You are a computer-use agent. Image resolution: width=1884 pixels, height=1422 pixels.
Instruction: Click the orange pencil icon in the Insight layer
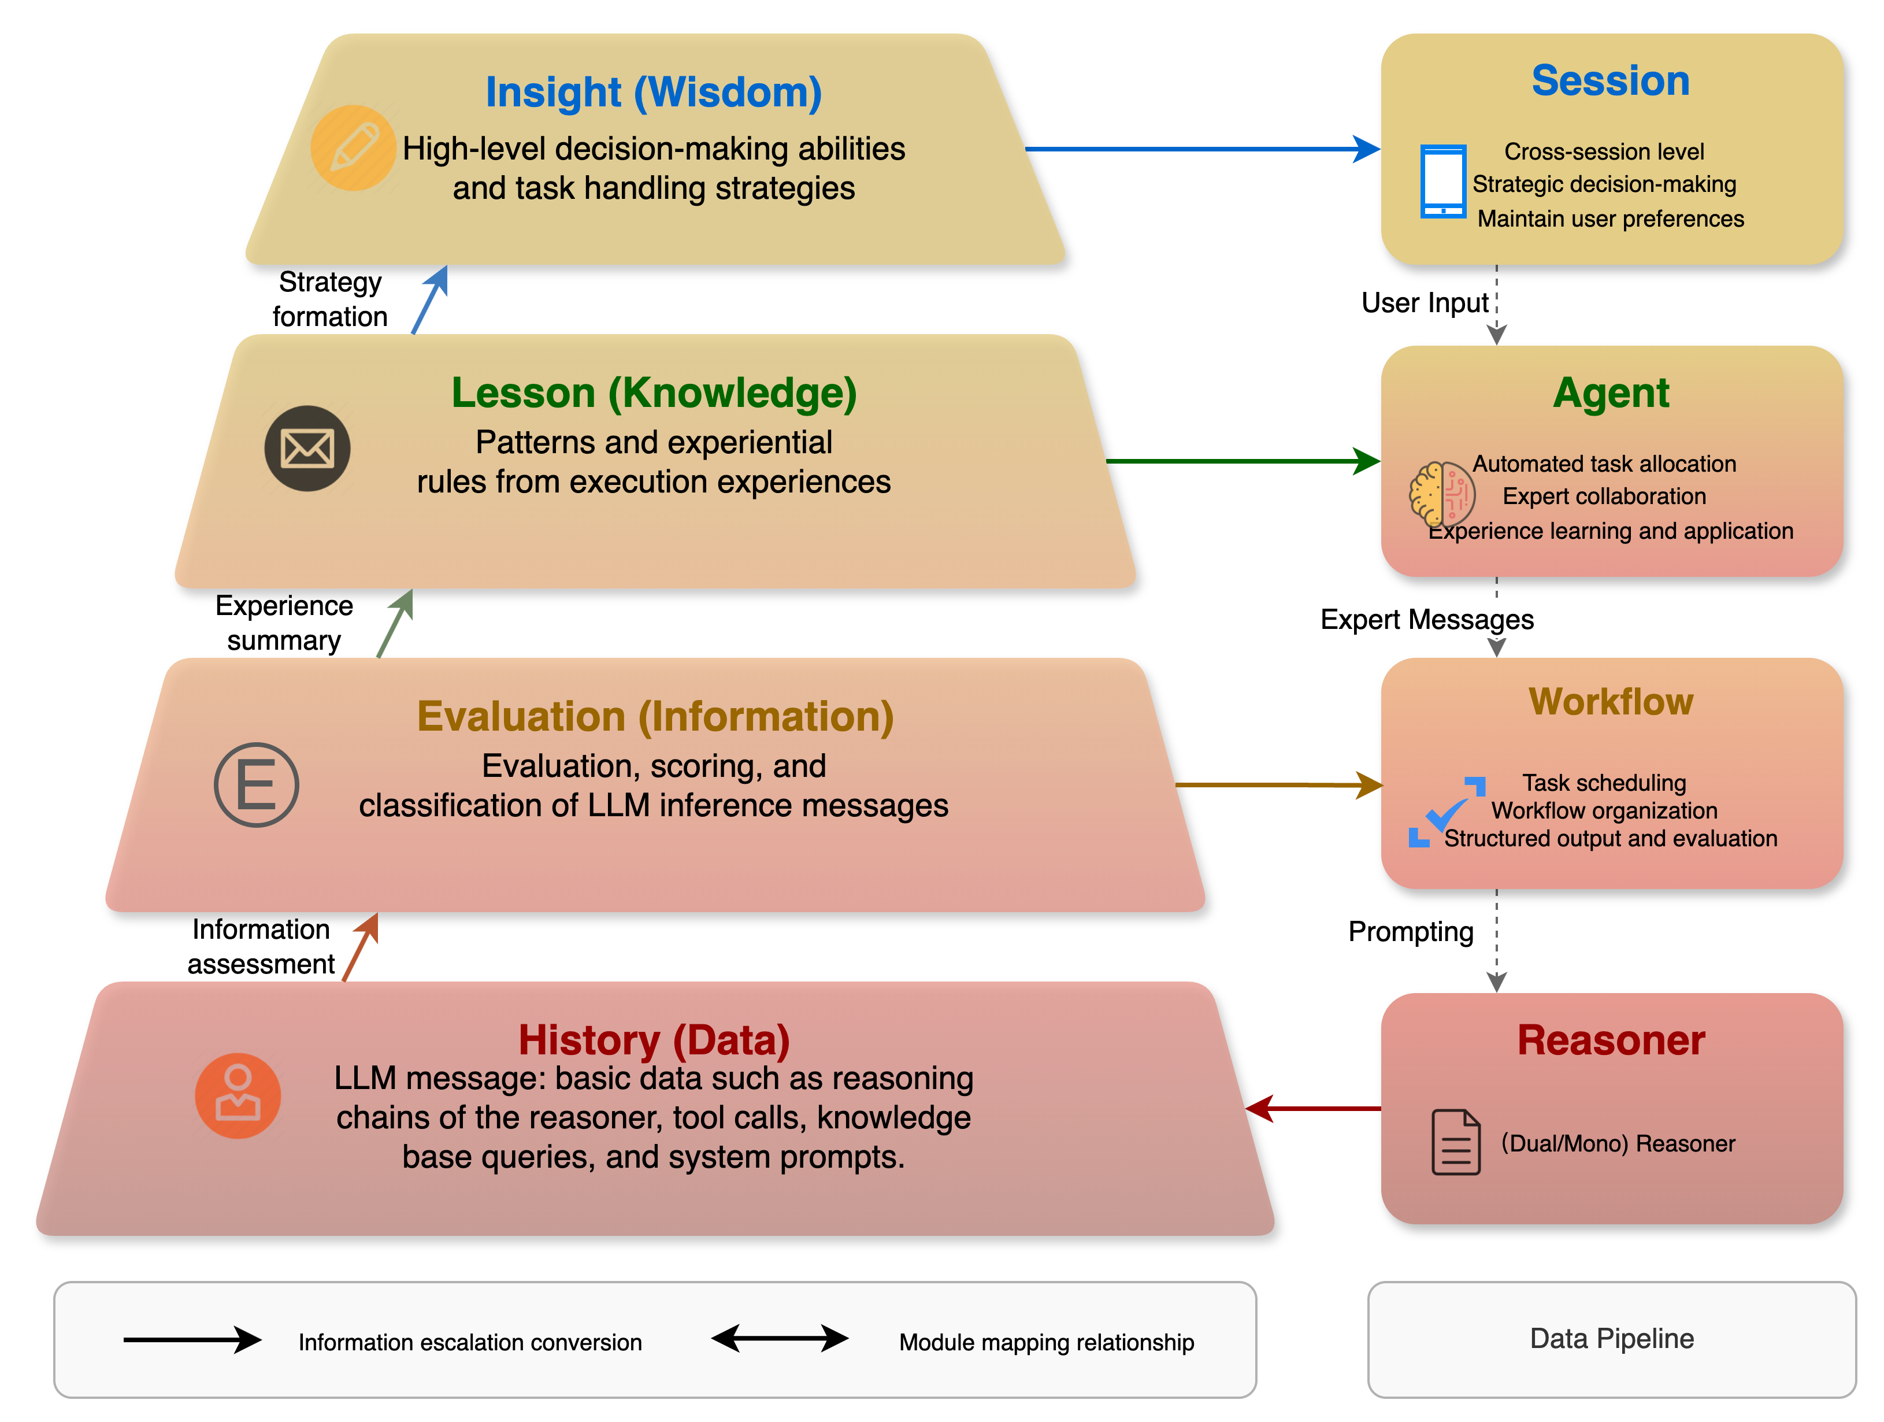(x=353, y=147)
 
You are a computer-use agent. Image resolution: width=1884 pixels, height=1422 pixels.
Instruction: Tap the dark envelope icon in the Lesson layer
(x=307, y=448)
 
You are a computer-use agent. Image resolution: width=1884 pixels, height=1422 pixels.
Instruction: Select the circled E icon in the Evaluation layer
(x=257, y=784)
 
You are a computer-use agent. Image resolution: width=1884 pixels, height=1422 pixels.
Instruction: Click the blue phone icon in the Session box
(x=1444, y=182)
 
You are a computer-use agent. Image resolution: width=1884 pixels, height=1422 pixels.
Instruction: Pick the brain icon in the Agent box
(x=1441, y=494)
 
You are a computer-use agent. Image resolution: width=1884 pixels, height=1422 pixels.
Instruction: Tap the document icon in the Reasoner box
(x=1456, y=1143)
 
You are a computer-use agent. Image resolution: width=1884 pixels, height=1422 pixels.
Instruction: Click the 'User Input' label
(x=1425, y=303)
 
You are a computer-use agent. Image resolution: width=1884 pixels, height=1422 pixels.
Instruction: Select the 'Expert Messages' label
(x=1427, y=620)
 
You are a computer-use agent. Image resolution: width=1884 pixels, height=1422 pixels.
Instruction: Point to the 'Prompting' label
(x=1411, y=931)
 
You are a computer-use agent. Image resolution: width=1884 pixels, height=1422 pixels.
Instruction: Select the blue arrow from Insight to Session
(x=1201, y=149)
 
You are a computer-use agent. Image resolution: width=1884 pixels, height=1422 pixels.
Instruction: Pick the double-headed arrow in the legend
(x=780, y=1339)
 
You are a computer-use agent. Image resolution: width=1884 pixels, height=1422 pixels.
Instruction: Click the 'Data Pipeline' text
(x=1611, y=1339)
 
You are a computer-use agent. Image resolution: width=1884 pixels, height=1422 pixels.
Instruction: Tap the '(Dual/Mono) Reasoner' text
(x=1618, y=1143)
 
